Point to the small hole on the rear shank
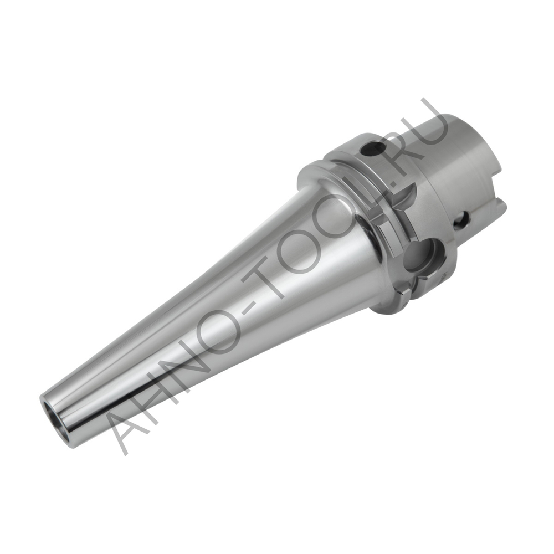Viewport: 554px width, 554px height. coord(461,221)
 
